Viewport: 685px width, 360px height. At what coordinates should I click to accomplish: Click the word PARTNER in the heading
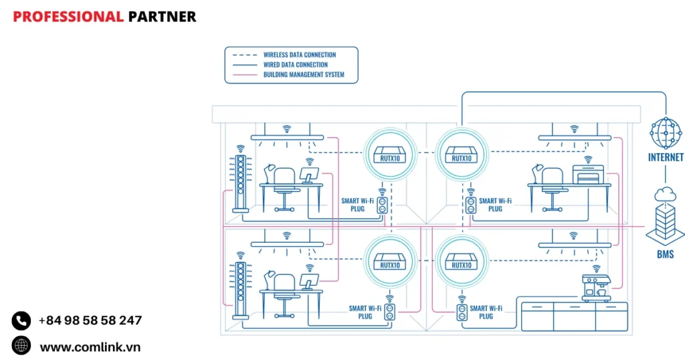tap(162, 17)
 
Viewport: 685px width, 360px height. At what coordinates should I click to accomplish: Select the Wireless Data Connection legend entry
tap(299, 55)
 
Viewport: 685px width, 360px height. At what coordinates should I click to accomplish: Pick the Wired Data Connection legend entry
tap(295, 65)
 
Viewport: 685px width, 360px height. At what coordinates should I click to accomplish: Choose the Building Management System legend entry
tap(304, 75)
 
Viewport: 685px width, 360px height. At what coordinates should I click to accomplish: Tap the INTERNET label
tap(666, 158)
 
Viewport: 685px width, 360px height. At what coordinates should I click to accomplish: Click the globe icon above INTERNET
tap(666, 134)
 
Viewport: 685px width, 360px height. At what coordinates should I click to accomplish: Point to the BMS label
tap(665, 255)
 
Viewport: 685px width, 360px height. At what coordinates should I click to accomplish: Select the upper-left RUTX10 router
tap(389, 153)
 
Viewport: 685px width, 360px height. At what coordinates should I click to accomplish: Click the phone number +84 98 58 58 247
tap(90, 321)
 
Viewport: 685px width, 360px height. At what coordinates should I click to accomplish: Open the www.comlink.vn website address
tap(90, 347)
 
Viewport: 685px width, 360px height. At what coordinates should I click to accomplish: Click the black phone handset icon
tap(21, 321)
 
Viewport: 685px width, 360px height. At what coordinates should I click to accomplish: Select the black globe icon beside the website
tap(21, 346)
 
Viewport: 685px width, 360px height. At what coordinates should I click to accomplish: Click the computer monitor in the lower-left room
tap(309, 281)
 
